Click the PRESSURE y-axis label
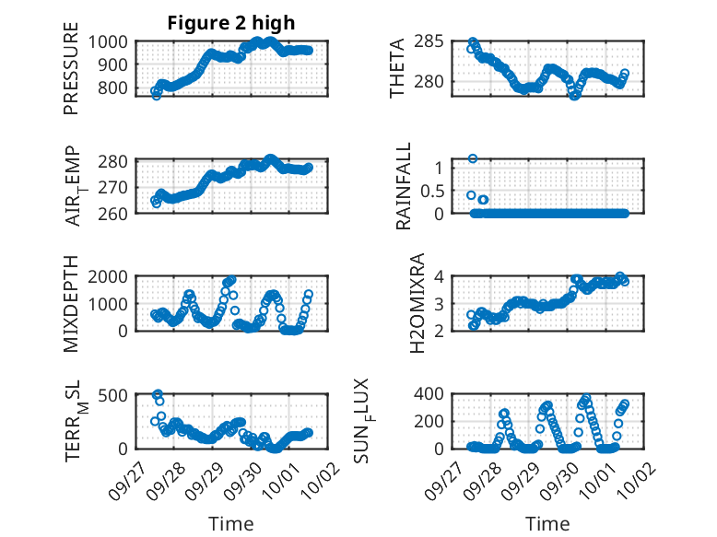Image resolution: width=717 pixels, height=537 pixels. (x=71, y=69)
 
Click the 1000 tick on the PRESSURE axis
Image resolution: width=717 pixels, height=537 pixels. (x=112, y=41)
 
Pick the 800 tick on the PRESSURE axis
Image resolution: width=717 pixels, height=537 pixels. (x=116, y=88)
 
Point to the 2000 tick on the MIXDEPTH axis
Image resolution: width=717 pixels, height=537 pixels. (x=112, y=276)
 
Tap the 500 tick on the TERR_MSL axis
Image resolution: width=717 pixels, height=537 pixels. (x=116, y=394)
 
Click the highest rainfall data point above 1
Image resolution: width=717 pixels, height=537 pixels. (x=473, y=158)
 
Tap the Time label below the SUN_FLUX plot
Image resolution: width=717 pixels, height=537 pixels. (x=547, y=524)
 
